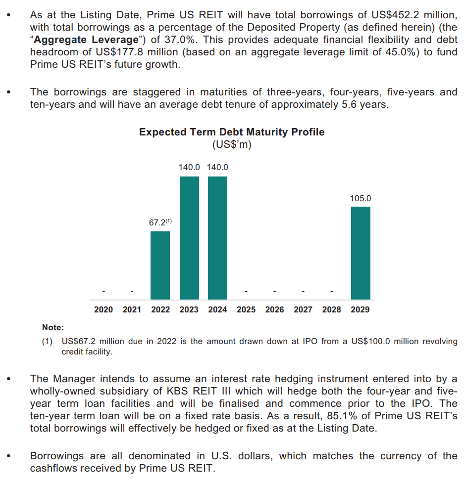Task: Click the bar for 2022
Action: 160,265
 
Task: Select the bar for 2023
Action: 189,238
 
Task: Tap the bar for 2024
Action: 218,238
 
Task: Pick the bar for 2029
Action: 361,253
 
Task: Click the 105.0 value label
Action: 361,198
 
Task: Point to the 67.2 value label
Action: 157,222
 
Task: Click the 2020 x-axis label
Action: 103,309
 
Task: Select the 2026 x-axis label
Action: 274,309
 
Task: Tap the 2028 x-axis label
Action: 332,309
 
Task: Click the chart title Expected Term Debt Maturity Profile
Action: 232,132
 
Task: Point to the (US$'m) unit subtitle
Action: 232,144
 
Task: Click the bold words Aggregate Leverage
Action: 86,40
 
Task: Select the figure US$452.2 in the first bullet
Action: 395,15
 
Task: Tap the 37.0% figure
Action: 181,40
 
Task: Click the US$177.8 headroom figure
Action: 120,52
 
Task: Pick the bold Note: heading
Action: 53,327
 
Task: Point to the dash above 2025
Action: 246,291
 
